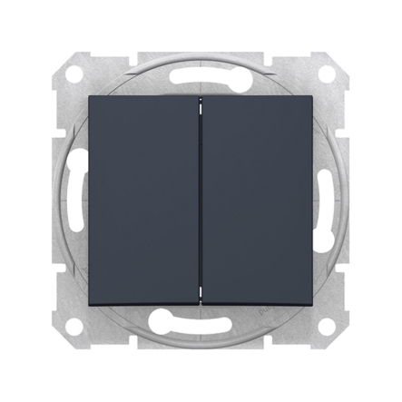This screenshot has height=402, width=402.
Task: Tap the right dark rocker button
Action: (x=258, y=201)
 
